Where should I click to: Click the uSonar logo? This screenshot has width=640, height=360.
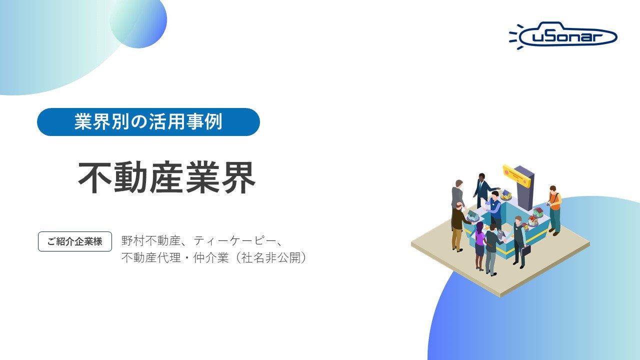click(564, 35)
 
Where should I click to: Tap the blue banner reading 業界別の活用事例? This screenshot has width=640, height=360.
click(148, 122)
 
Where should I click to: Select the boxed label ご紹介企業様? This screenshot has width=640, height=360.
click(75, 241)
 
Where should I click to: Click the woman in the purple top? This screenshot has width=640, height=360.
click(479, 245)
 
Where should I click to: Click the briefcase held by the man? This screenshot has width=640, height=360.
click(525, 250)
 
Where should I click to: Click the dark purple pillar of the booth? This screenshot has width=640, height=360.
click(524, 187)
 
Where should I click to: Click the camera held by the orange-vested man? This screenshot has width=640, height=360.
click(548, 204)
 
